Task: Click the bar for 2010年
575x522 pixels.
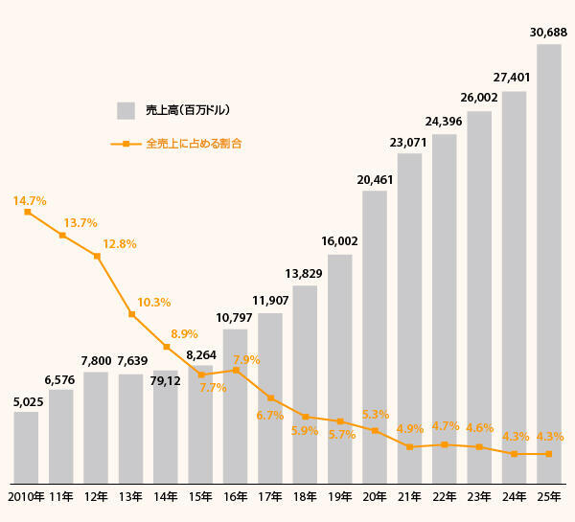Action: (27, 447)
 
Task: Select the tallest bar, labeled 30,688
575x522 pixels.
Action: (548, 263)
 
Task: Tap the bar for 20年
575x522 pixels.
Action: (375, 337)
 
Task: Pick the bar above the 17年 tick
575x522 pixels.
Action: (270, 397)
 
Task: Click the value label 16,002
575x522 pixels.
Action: (339, 241)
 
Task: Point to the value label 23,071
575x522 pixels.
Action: (409, 142)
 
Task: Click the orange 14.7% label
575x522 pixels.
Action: (30, 201)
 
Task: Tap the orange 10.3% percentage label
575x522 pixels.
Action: (153, 303)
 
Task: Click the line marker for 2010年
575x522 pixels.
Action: (27, 212)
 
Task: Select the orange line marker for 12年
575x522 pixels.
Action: (97, 257)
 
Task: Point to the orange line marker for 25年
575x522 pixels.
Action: (548, 454)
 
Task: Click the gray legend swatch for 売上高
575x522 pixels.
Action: (126, 110)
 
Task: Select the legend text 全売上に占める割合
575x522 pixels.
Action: (194, 144)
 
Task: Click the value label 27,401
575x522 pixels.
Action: (514, 77)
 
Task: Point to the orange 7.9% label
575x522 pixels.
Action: (246, 360)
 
